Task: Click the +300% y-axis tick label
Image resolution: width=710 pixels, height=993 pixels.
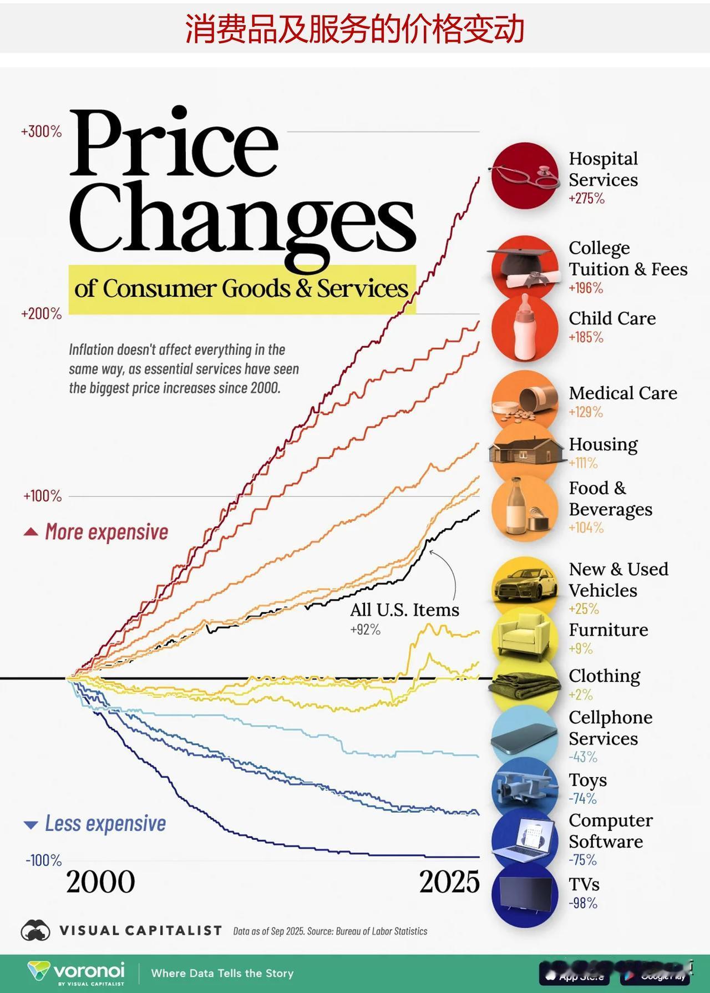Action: pyautogui.click(x=42, y=132)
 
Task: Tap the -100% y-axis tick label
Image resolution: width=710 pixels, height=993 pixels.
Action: pyautogui.click(x=43, y=860)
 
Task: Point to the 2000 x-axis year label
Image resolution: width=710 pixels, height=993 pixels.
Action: pyautogui.click(x=100, y=882)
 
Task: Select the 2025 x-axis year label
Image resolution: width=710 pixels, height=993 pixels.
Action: pyautogui.click(x=449, y=882)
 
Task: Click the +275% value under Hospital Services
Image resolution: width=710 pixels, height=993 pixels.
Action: pyautogui.click(x=586, y=199)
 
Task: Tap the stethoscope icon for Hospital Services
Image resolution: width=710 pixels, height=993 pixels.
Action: pyautogui.click(x=525, y=176)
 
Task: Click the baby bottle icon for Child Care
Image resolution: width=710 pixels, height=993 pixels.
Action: pyautogui.click(x=525, y=328)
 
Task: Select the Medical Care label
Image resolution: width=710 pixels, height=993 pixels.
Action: pyautogui.click(x=623, y=393)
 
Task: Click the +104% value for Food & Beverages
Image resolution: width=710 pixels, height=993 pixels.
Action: pyautogui.click(x=586, y=528)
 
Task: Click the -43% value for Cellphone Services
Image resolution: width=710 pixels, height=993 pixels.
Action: pyautogui.click(x=583, y=757)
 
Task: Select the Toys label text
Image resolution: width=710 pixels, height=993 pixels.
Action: pyautogui.click(x=588, y=780)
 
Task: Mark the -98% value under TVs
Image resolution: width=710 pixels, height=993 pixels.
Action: pyautogui.click(x=583, y=903)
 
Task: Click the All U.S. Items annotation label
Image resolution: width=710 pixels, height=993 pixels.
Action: pyautogui.click(x=404, y=610)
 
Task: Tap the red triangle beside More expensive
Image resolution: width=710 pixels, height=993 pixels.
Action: pyautogui.click(x=31, y=533)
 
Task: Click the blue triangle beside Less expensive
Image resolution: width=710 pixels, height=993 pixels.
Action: pyautogui.click(x=31, y=825)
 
